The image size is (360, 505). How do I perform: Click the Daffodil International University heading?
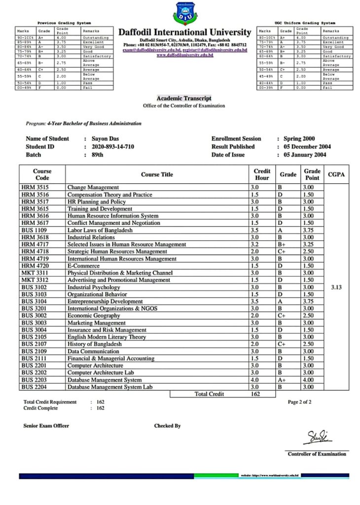coord(185,33)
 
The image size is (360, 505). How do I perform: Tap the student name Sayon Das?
coord(106,139)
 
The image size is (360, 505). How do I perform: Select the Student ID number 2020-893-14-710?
coord(113,146)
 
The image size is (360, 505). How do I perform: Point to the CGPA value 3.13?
coord(336,287)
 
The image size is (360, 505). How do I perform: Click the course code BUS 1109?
coord(36,230)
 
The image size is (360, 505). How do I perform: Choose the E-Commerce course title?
coord(84,266)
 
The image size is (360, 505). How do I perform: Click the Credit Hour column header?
coord(262,174)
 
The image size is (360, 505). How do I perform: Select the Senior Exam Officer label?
coord(46,426)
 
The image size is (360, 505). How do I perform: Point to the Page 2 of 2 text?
coord(299,402)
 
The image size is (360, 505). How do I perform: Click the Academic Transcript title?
coord(184,99)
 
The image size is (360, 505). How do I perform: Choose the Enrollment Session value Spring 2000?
coord(299,139)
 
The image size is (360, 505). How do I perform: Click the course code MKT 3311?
coord(36,273)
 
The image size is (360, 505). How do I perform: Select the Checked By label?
coord(167,426)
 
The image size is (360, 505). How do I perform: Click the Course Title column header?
coord(157,174)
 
